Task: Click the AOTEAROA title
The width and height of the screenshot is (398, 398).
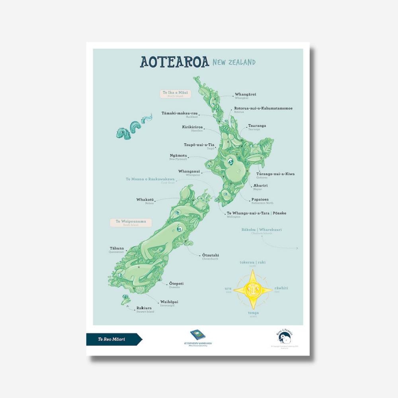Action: click(x=174, y=62)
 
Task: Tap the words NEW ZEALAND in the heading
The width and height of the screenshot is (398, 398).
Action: click(x=234, y=62)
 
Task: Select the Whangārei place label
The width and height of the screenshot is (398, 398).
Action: click(x=245, y=95)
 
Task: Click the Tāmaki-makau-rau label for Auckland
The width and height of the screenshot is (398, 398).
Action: click(x=179, y=113)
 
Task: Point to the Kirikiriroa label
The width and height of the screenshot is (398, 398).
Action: click(x=192, y=127)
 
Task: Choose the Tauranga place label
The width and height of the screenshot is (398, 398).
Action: click(x=257, y=126)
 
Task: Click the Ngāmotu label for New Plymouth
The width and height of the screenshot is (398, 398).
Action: click(x=178, y=156)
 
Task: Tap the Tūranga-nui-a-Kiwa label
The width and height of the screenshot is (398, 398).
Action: click(x=275, y=174)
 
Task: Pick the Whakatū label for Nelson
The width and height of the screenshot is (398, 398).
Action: click(x=145, y=199)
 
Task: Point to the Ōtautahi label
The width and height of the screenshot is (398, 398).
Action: click(x=211, y=256)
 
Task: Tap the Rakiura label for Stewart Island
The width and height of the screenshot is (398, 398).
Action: click(x=145, y=308)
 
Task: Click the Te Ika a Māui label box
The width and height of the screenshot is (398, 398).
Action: click(x=176, y=94)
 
